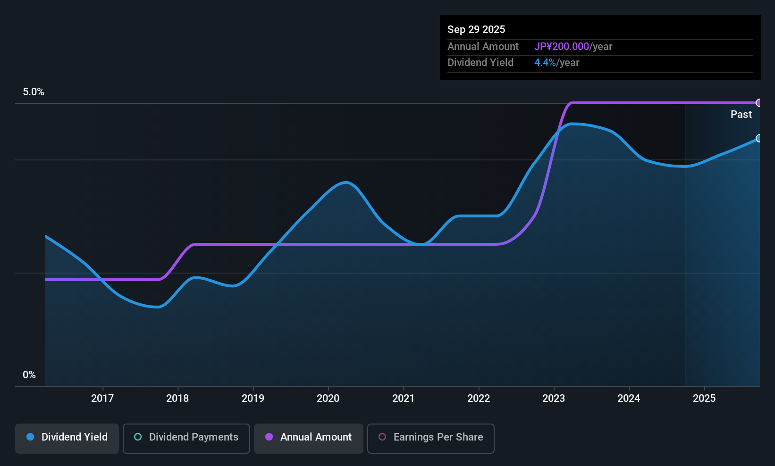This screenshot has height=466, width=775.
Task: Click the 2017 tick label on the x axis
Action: (102, 398)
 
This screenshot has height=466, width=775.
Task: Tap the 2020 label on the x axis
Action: (328, 398)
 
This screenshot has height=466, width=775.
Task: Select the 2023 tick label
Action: (554, 398)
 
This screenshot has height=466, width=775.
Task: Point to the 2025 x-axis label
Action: (704, 398)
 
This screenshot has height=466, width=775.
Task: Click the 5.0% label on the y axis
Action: (34, 92)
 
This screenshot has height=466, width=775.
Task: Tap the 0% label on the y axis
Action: (29, 375)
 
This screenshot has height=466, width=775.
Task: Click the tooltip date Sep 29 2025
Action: (476, 29)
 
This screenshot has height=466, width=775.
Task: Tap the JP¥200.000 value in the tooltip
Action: (562, 46)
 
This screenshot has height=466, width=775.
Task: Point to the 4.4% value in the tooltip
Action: (545, 62)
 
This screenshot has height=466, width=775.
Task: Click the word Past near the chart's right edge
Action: (741, 114)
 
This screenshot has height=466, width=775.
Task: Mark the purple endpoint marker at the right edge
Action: (759, 103)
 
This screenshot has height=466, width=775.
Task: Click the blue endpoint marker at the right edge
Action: (759, 138)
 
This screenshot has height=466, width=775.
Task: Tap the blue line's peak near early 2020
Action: (346, 183)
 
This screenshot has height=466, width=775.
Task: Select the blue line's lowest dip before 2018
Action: (158, 307)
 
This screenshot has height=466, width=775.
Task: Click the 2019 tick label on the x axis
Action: (253, 398)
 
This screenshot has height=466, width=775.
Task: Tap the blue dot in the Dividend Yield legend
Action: (30, 437)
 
